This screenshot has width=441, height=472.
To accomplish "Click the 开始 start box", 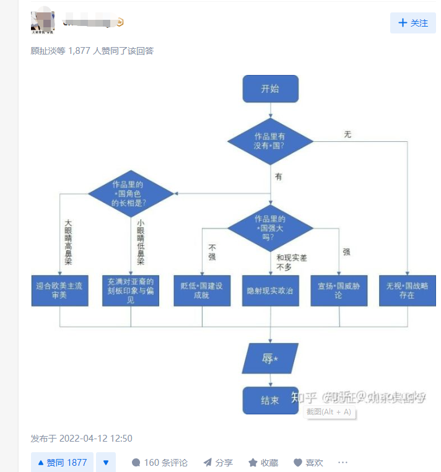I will coord(270,89).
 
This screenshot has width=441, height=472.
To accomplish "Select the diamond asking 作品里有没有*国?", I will coord(270,141).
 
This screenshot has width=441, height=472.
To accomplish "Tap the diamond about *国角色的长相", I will coord(131,193).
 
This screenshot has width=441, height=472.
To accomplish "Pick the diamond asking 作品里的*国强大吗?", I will coord(270,228).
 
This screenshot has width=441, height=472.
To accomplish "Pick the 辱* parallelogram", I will coord(270,359).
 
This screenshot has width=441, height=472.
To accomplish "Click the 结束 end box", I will coord(270,400).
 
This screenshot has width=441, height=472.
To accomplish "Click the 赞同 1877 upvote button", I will coord(62,463).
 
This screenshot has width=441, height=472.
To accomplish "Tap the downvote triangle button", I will coord(105,463).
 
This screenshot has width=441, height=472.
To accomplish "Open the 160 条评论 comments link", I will coord(160,463).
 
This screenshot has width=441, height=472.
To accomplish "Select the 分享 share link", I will coord(218,463).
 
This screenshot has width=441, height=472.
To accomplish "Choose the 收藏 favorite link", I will coord(263,463).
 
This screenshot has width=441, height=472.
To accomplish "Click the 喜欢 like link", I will coord(308,463).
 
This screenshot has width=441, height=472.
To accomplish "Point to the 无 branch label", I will coord(347,134).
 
